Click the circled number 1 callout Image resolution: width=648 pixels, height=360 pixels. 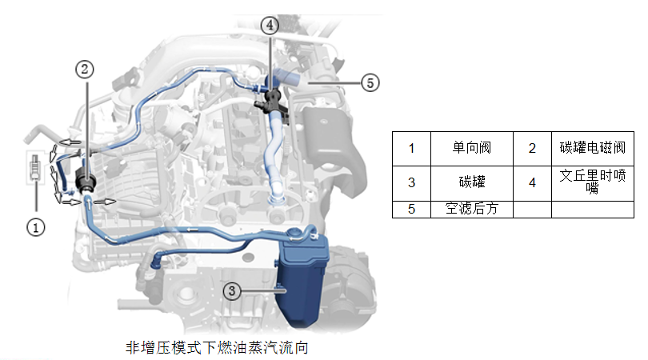click(35, 226)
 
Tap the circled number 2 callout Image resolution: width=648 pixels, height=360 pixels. click(86, 69)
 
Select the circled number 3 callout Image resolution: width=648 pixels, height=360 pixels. click(231, 291)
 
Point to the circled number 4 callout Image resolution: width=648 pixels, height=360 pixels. click(270, 25)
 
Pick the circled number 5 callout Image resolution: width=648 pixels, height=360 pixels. click(369, 82)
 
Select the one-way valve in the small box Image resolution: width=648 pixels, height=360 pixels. click(35, 166)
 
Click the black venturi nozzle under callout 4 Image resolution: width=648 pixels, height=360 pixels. click(270, 103)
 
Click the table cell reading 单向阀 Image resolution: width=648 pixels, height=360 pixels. click(471, 148)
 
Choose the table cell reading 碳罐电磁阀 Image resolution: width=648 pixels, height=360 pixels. click(592, 148)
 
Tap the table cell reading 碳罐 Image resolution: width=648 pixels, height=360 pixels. click(471, 182)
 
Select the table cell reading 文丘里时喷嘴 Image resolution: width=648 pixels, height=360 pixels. click(592, 182)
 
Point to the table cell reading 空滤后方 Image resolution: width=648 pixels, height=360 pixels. click(471, 209)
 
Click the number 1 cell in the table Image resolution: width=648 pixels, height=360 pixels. click(411, 148)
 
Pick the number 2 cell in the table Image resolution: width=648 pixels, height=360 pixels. click(532, 148)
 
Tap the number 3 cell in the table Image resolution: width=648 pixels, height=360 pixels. click(411, 182)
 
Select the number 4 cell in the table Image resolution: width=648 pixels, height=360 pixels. click(532, 182)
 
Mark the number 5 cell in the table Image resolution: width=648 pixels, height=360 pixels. click(411, 209)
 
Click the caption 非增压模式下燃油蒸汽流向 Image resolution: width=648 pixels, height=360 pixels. click(217, 348)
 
